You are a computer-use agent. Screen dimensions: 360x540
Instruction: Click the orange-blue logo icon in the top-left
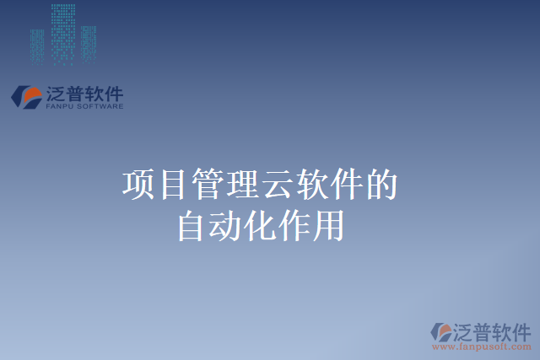pos(26,97)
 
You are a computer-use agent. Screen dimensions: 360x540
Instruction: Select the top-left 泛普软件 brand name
pos(84,93)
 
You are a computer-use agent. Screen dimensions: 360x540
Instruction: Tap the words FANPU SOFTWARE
pos(84,106)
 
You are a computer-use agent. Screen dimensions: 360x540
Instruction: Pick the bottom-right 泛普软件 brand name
pos(492,329)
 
